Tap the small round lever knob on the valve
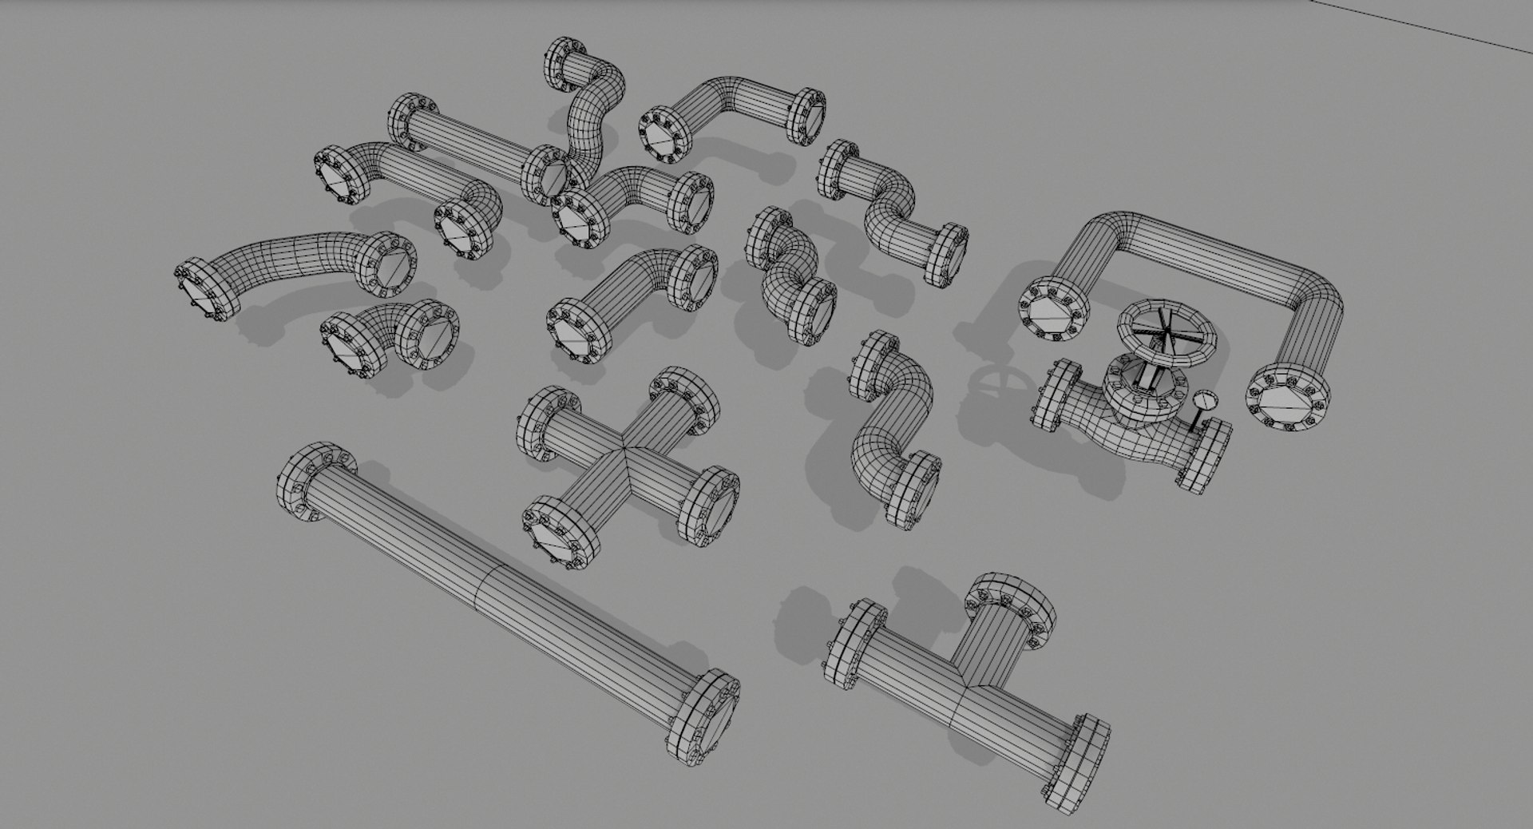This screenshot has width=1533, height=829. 1203,399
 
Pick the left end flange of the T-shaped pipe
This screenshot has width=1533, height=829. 855,642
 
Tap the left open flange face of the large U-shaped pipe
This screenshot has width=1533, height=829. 1053,312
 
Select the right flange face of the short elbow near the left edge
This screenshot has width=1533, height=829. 431,339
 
